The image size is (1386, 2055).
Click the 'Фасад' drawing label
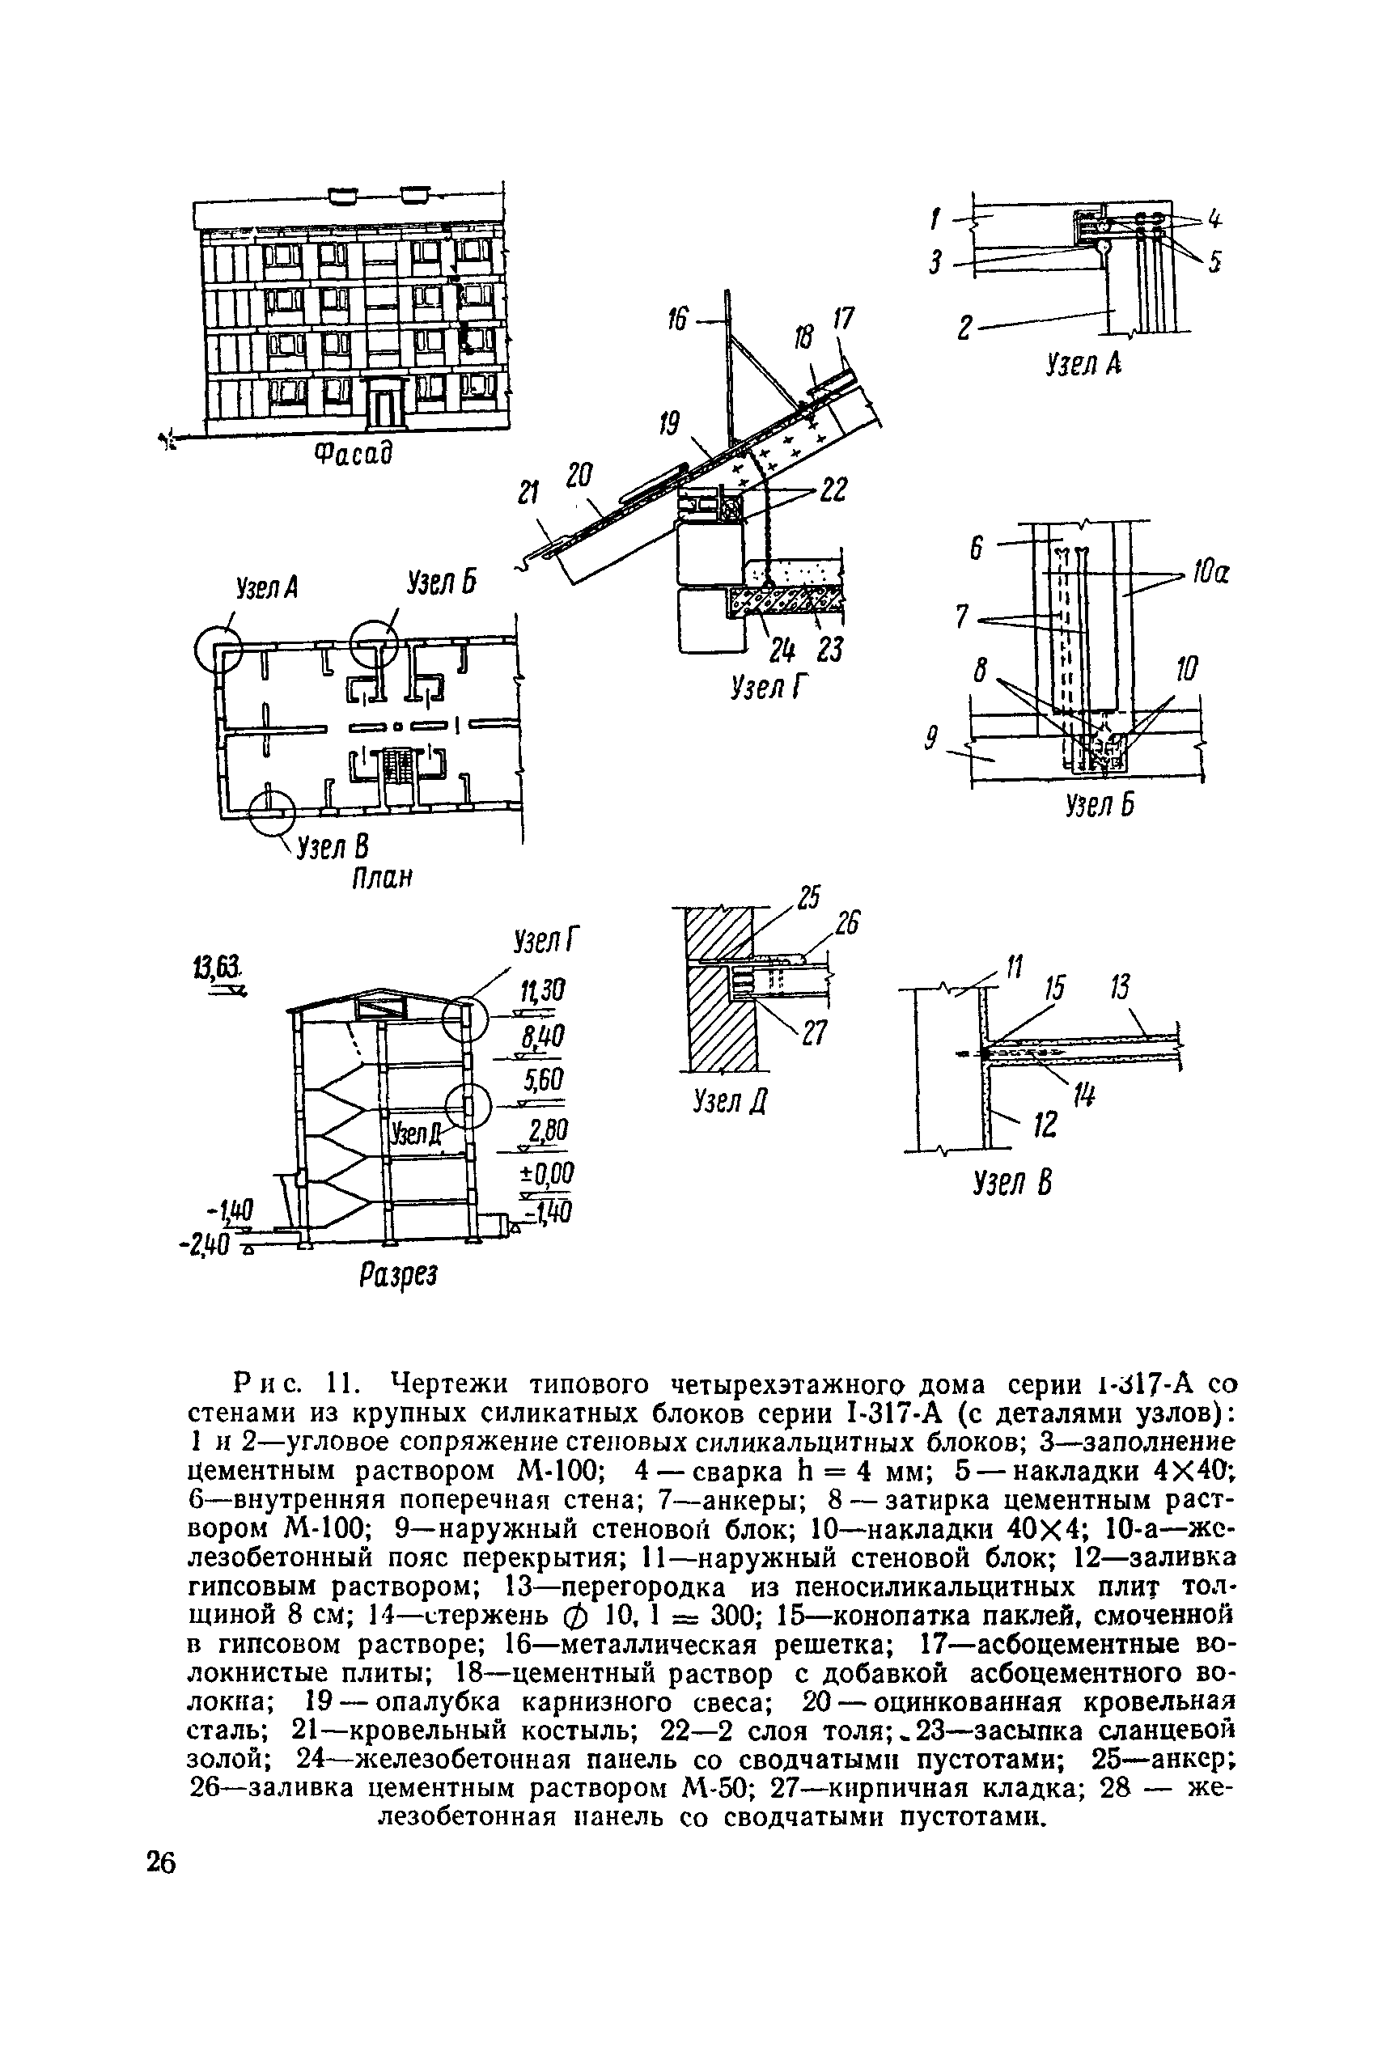353,455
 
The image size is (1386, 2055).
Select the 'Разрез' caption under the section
398,1274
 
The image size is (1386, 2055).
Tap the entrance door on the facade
383,407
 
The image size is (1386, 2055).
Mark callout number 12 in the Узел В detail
1045,1125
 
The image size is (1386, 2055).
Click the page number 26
162,1862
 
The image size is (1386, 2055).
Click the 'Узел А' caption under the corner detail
1083,363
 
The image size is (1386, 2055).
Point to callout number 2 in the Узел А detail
966,328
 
